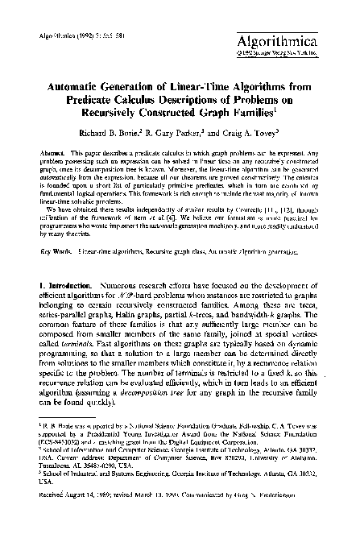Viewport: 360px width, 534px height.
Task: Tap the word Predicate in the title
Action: click(93, 99)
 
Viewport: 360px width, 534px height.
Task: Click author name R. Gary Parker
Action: click(179, 132)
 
